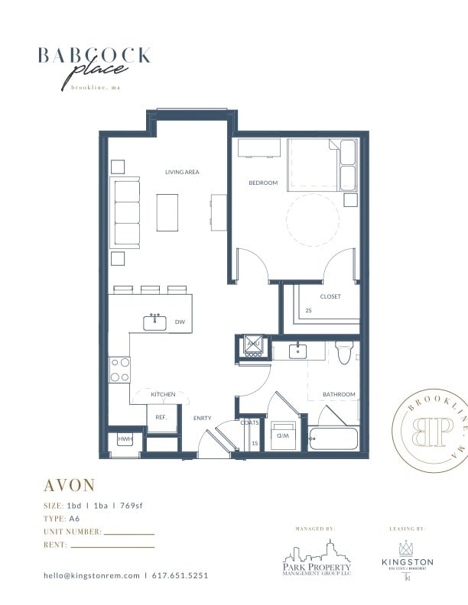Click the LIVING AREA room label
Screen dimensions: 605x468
182,172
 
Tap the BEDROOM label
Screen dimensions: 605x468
263,183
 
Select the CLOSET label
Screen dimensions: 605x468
330,296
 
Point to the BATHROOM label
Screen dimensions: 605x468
339,394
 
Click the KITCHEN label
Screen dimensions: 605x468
163,394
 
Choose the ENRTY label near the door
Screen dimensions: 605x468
202,418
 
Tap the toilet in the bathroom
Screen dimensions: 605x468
343,353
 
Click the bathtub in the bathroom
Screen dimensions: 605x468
333,441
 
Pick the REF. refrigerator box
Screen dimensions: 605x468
161,418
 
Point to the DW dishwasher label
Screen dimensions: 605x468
180,322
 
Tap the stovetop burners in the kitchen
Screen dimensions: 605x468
119,370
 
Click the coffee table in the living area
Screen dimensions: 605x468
167,212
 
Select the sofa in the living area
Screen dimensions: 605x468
125,212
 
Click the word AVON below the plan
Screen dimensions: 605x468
69,486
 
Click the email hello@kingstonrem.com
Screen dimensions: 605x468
91,575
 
